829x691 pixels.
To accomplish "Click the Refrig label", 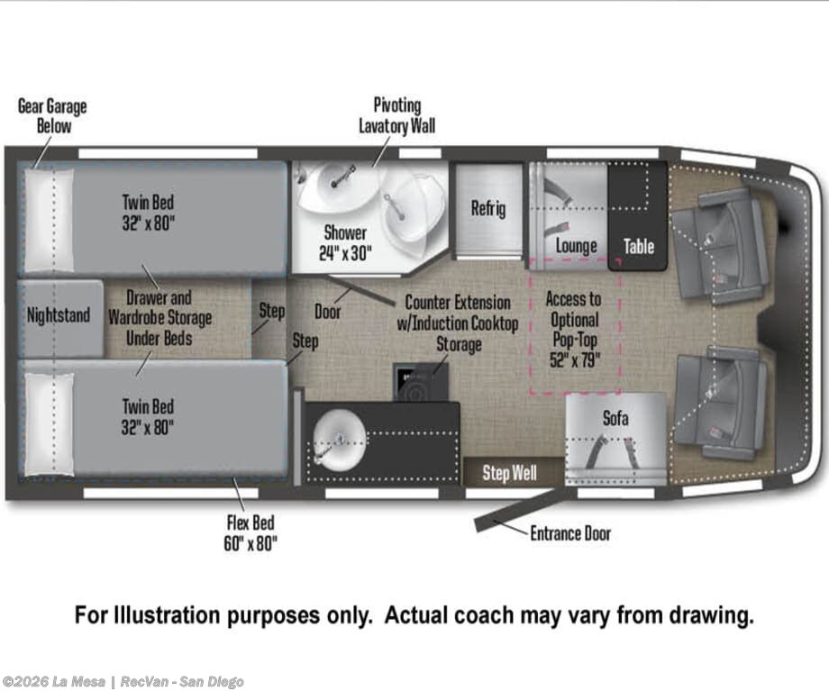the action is tap(488, 208).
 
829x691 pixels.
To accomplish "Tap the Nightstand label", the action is tap(59, 315).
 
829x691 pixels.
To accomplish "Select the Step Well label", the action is tap(509, 473).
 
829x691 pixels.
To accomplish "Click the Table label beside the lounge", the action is tap(639, 246).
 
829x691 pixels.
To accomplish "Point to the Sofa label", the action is tap(616, 418).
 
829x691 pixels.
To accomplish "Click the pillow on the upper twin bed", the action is tap(50, 220).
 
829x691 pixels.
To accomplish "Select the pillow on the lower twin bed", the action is tap(50, 423).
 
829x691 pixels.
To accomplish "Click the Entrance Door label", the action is tap(570, 533).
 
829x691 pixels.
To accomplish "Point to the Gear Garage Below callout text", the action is tap(52, 116).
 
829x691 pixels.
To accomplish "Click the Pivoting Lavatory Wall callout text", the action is tap(397, 115).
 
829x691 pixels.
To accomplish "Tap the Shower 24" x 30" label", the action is tap(345, 242).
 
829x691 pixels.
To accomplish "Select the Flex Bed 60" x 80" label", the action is tap(251, 533).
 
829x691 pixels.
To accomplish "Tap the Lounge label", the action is tap(577, 246).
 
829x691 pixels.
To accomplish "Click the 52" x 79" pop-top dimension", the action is tap(575, 360).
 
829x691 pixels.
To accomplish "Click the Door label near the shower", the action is tap(328, 312).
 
